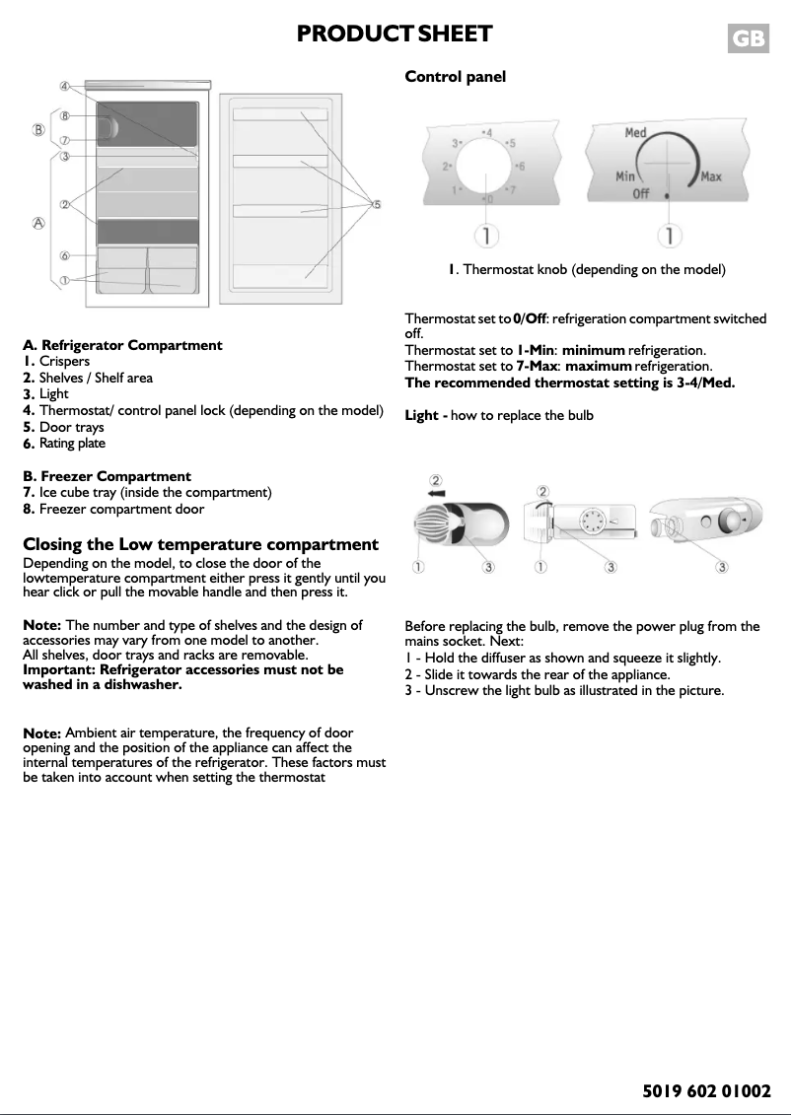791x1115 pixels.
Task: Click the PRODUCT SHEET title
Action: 395,35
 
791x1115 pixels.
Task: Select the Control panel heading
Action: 455,77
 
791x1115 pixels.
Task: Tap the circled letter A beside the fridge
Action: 38,224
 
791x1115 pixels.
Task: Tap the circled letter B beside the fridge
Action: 38,129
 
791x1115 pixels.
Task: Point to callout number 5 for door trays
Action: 376,204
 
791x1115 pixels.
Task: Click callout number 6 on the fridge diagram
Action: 63,254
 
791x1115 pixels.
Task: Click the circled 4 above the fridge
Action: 63,86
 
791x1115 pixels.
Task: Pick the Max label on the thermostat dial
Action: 710,177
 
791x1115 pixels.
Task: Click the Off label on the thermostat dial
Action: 640,193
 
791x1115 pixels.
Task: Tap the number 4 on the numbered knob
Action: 488,131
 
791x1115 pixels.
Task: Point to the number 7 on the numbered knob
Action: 510,188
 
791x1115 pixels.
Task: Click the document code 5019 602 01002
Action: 705,1091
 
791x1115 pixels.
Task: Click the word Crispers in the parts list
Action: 64,362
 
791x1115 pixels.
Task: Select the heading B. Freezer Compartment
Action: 107,476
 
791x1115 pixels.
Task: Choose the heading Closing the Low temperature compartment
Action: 200,544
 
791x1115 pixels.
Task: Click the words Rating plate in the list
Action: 72,444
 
